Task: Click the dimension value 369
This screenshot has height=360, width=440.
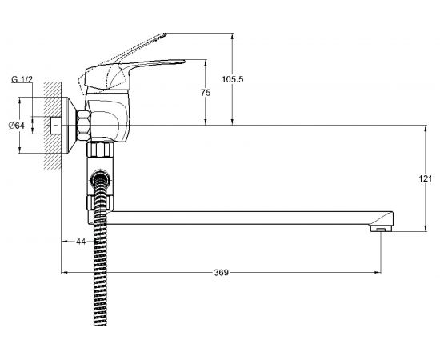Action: click(222, 273)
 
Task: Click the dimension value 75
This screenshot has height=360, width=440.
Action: click(206, 94)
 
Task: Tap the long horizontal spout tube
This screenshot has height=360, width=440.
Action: click(240, 218)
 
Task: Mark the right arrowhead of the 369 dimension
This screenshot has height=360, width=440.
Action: click(381, 273)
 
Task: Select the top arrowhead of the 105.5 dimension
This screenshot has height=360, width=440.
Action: click(232, 35)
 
